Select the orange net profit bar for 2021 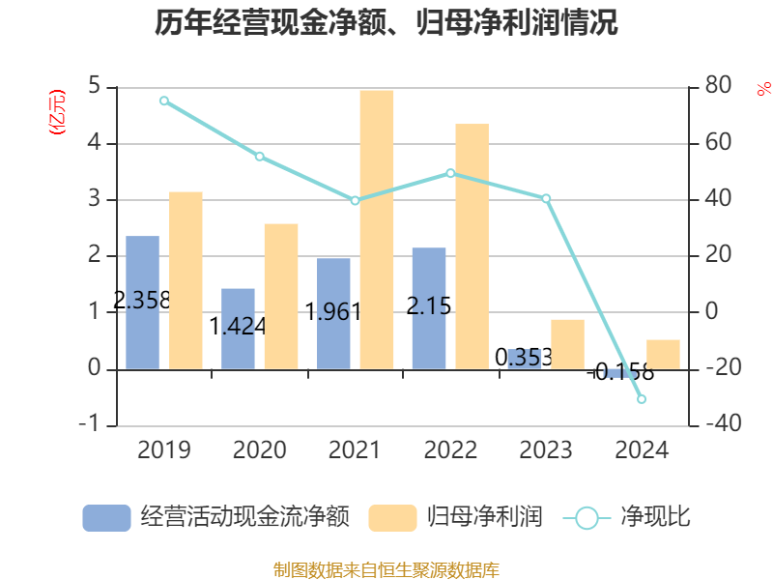[x=377, y=229]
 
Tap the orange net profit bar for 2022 [x=472, y=246]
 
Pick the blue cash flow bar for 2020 [x=238, y=329]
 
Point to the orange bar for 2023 [x=567, y=343]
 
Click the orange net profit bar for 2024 [x=663, y=354]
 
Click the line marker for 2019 [x=164, y=101]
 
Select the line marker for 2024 [x=642, y=399]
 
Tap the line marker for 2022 [x=450, y=173]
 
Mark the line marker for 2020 [x=260, y=156]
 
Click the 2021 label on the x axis [x=355, y=450]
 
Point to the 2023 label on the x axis [x=546, y=450]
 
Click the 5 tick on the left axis [x=94, y=87]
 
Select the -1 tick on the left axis [x=90, y=425]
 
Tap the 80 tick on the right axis [x=719, y=87]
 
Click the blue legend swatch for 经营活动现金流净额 [x=106, y=517]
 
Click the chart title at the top [x=386, y=23]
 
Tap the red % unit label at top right [x=763, y=89]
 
